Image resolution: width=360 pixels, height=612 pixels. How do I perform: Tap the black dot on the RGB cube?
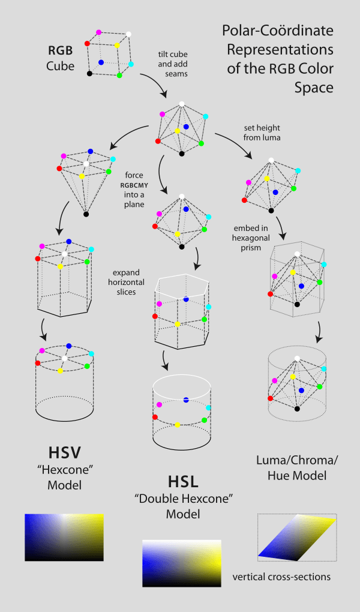pos(89,73)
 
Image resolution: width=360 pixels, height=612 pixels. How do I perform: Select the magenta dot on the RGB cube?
pos(98,31)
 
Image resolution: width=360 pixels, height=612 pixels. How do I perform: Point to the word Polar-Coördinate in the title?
pos(277,30)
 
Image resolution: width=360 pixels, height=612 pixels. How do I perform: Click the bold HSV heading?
pos(64,451)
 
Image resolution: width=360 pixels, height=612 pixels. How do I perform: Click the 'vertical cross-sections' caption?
pos(281,577)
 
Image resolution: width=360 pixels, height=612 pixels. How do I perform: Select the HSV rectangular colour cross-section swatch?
pos(64,537)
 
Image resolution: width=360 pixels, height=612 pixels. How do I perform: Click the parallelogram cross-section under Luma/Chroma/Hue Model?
pos(296,538)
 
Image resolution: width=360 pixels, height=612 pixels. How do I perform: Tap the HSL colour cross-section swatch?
pos(182,562)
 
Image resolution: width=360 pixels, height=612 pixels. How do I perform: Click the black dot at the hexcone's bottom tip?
pos(86,214)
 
